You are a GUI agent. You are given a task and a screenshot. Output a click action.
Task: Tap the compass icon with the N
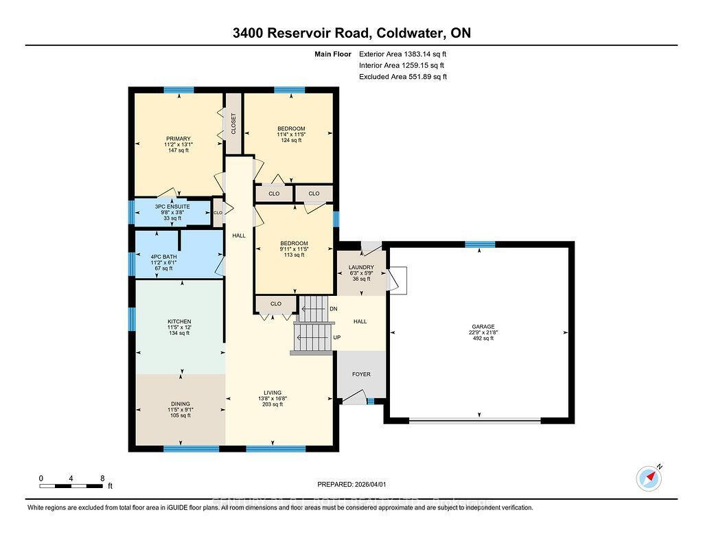pos(648,476)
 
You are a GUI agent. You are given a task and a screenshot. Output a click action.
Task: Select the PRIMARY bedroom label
pos(177,139)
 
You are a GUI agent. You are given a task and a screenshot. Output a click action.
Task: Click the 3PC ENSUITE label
pos(172,207)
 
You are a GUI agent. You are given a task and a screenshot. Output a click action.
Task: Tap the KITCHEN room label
pos(179,321)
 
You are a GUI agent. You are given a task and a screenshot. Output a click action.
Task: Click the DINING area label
pos(181,404)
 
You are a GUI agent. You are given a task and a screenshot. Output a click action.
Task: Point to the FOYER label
pos(361,374)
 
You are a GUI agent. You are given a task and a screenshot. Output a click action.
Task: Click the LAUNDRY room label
pos(361,267)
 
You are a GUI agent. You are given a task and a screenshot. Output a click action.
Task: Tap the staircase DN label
pos(334,309)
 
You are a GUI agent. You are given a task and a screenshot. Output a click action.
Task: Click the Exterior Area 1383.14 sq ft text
pos(402,54)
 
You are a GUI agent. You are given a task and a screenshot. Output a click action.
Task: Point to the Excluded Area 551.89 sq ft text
pos(402,77)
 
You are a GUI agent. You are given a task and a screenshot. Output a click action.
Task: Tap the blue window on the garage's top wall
pos(480,244)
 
